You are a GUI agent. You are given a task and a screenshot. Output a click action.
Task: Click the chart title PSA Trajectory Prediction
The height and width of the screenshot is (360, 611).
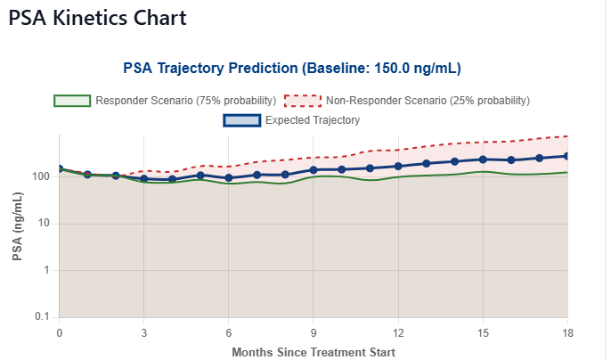click(x=291, y=68)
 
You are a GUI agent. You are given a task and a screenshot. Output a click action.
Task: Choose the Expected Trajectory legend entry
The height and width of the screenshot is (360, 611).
click(x=312, y=119)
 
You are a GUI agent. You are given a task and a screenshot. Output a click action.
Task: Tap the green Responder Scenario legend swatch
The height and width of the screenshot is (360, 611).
click(x=71, y=100)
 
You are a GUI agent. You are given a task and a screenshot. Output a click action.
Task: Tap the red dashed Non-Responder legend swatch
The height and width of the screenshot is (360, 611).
click(x=303, y=100)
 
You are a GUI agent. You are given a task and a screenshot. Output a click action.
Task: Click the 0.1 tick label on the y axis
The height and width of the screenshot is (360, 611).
click(x=40, y=317)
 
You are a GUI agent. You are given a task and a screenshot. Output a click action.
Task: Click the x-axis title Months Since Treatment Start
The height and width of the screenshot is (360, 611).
click(x=314, y=352)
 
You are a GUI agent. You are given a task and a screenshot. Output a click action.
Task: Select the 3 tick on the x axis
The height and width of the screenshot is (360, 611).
click(x=144, y=332)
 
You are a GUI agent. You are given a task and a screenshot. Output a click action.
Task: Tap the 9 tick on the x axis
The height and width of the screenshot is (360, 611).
click(x=314, y=332)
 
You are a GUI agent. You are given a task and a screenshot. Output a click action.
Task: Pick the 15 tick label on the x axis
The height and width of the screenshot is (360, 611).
click(x=483, y=332)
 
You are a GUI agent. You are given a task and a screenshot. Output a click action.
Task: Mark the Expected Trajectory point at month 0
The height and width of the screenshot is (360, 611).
click(x=60, y=168)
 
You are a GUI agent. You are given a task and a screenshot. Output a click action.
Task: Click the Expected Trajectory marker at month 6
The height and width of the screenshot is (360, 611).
click(x=229, y=178)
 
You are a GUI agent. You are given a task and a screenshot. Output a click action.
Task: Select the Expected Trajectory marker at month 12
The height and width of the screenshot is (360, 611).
click(x=398, y=167)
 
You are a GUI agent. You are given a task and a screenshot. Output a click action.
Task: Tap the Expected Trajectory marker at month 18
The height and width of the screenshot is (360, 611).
click(x=566, y=156)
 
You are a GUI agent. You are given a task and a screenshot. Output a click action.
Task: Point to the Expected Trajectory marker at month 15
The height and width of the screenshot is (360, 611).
click(x=483, y=160)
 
